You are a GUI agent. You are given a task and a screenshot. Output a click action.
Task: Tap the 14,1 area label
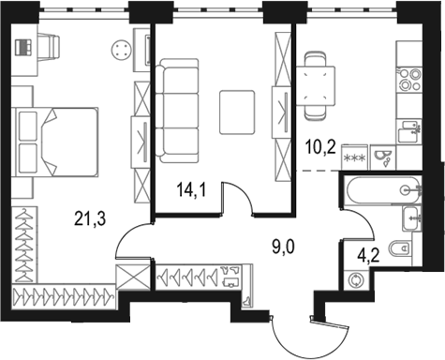tap(191, 191)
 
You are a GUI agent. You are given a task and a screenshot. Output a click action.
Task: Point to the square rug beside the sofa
tap(237, 111)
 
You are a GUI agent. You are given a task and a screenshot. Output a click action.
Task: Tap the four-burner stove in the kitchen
tap(409, 80)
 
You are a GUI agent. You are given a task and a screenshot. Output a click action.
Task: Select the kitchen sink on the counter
tap(409, 129)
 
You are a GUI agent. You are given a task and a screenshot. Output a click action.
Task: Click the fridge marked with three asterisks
tap(357, 156)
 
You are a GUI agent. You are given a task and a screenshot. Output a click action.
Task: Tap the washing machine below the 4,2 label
tap(356, 278)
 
